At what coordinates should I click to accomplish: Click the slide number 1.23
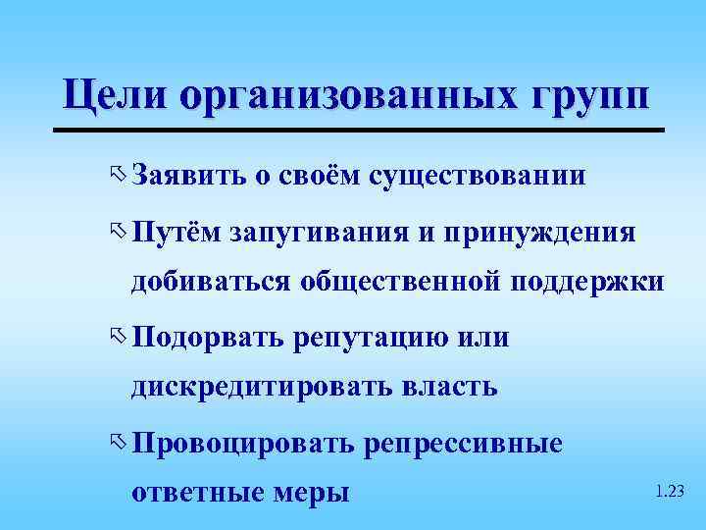pyautogui.click(x=669, y=490)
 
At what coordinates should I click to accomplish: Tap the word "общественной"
pyautogui.click(x=403, y=283)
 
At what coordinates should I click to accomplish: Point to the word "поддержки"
pyautogui.click(x=587, y=283)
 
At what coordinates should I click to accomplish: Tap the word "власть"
pyautogui.click(x=450, y=387)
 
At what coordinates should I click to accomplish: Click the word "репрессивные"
pyautogui.click(x=463, y=444)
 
